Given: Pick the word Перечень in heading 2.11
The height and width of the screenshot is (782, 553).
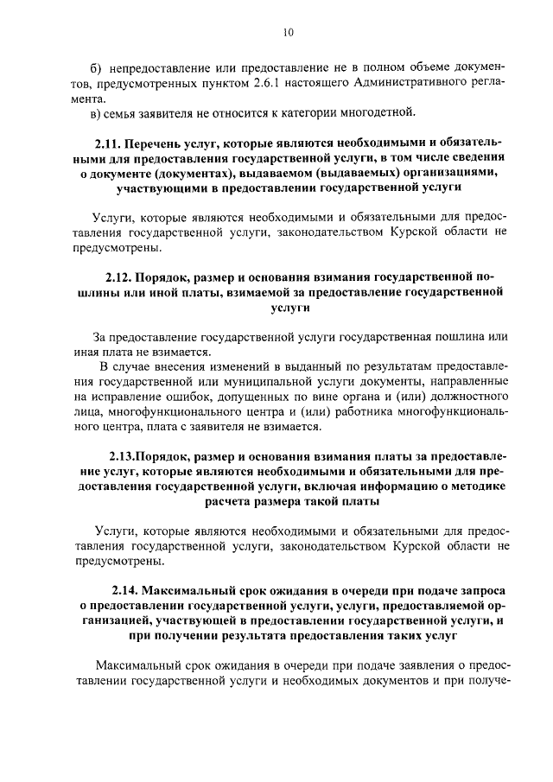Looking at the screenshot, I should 159,143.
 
